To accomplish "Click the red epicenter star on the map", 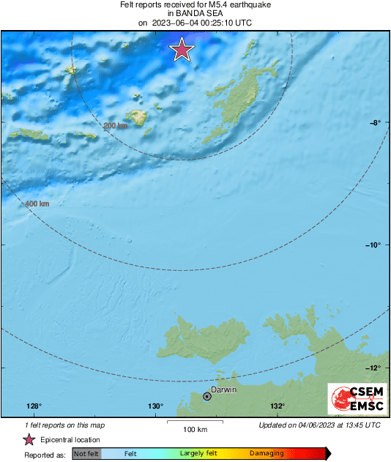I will [x=182, y=50].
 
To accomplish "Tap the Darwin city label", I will [x=223, y=390].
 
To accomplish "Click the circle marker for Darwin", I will [x=207, y=396].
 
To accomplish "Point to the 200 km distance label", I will [x=116, y=126].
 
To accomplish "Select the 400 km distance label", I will [x=37, y=204].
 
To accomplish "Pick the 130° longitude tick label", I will [x=155, y=406].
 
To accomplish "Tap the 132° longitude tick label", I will [x=277, y=406].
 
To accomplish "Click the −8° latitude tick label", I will [x=373, y=123].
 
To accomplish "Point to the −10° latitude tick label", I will [x=372, y=245].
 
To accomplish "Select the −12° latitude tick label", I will [x=372, y=368].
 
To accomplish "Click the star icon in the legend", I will [x=29, y=439].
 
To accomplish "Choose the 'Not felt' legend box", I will [x=87, y=454].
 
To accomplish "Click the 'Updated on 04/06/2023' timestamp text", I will [x=319, y=425].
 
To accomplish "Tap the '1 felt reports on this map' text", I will [x=64, y=425].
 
